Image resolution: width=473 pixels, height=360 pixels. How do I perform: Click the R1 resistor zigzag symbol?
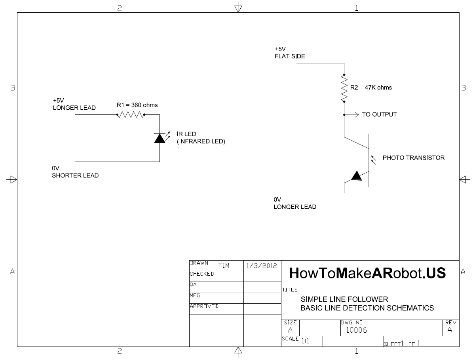pos(131,115)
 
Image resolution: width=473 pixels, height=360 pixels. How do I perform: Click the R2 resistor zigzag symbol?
pos(344,88)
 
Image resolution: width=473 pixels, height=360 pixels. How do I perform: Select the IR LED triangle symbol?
pos(160,138)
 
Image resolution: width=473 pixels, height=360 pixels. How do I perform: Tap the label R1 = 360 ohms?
pos(137,105)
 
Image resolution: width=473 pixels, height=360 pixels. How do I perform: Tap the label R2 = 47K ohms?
pos(371,88)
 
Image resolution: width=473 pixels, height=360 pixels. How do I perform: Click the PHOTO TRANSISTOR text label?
pos(414,158)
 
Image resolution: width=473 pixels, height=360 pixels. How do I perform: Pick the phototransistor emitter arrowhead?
pos(356,176)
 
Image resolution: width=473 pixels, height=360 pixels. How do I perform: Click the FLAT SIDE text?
pos(290,56)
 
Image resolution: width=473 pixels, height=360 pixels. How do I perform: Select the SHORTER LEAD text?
pos(75,175)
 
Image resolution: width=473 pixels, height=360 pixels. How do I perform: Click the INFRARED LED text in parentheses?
pos(201,141)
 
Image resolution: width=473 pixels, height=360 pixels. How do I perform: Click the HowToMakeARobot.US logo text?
pos(367,273)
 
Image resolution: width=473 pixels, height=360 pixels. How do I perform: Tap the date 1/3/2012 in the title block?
pos(262,266)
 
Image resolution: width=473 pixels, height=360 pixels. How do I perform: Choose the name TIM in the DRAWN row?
pos(224,266)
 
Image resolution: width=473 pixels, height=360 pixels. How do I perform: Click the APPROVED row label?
pos(204,306)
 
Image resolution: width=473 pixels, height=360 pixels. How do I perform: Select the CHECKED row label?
pos(202,274)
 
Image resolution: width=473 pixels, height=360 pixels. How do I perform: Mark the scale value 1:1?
pos(305,341)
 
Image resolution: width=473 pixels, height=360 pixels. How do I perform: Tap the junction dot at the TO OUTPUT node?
pos(344,115)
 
